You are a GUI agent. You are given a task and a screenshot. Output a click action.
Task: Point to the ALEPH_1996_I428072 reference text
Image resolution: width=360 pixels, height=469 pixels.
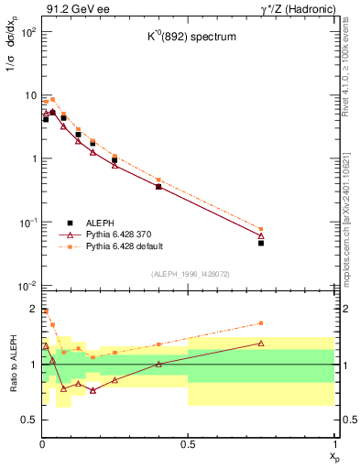tap(189, 275)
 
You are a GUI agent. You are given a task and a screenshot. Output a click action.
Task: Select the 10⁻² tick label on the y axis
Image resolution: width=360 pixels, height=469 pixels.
tap(27, 286)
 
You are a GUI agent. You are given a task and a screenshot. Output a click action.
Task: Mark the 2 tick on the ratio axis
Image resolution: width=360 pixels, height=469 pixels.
tap(32, 309)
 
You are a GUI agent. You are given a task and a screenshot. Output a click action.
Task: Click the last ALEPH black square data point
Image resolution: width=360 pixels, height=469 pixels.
tap(261, 244)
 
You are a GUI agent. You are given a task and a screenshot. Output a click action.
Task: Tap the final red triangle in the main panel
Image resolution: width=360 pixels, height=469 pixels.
tap(261, 235)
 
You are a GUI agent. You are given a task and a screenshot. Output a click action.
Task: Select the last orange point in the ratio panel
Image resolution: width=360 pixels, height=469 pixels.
tap(261, 322)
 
